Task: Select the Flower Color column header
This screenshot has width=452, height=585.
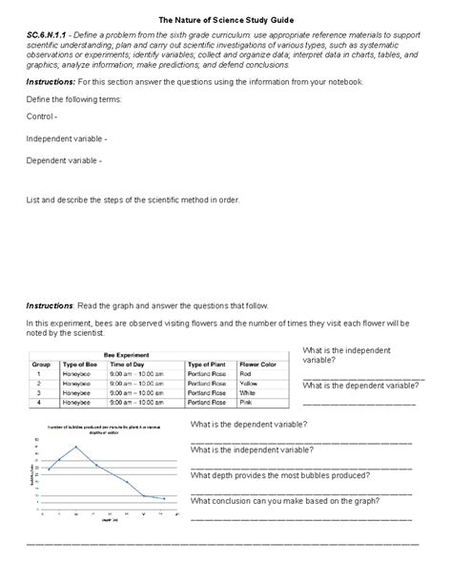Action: click(257, 365)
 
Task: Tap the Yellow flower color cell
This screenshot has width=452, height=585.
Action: click(250, 384)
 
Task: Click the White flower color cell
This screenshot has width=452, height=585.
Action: click(248, 393)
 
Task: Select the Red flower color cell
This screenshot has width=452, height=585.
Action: click(246, 374)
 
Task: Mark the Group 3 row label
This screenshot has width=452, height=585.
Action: click(42, 393)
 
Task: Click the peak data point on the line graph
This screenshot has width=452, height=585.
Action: click(75, 447)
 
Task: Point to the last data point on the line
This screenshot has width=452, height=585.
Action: click(164, 498)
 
